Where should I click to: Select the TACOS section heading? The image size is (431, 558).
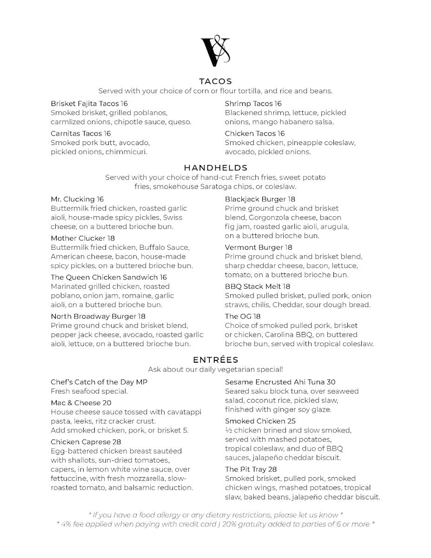(215, 81)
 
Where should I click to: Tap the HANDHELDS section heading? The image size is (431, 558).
(215, 168)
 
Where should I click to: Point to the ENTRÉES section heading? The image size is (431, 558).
(215, 360)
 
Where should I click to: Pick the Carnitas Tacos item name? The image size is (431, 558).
(77, 133)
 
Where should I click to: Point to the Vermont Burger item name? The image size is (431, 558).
(252, 247)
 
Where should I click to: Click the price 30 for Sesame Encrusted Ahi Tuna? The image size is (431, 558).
(331, 382)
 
